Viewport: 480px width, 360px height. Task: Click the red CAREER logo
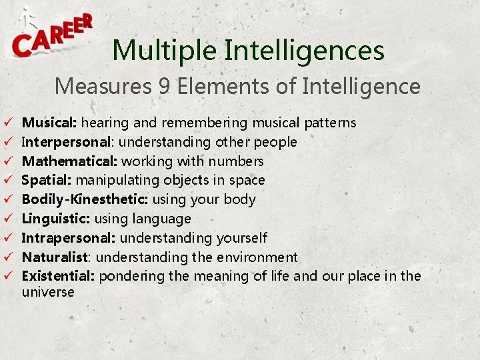click(x=52, y=36)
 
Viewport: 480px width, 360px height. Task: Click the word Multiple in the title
click(x=163, y=51)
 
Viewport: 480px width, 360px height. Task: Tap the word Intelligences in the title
click(x=304, y=51)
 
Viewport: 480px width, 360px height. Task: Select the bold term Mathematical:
click(x=66, y=161)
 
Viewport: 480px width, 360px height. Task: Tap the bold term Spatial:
click(x=47, y=180)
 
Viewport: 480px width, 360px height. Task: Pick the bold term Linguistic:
click(x=56, y=219)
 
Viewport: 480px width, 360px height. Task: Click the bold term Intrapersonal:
click(x=69, y=238)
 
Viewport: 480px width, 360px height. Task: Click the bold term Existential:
click(x=59, y=276)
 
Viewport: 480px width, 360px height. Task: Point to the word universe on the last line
click(x=48, y=292)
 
